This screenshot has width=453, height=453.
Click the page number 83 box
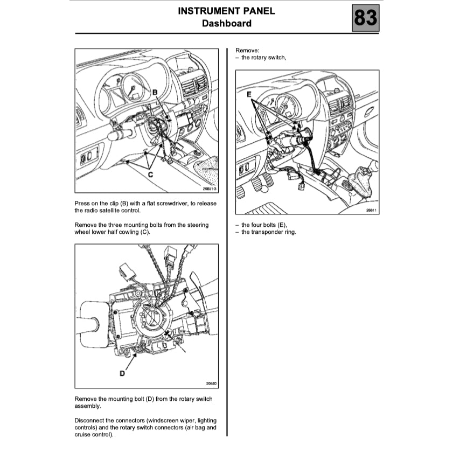(365, 18)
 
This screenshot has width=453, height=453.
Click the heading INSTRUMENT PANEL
(226, 11)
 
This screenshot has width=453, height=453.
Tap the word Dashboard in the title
(226, 23)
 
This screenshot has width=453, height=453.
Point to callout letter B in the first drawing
(155, 93)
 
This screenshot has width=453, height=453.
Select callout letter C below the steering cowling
(151, 174)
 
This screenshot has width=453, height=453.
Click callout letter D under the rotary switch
(122, 373)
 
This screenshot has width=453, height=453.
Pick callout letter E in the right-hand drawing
(249, 94)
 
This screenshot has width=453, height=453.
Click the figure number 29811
(370, 210)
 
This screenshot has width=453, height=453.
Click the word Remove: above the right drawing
(247, 50)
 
